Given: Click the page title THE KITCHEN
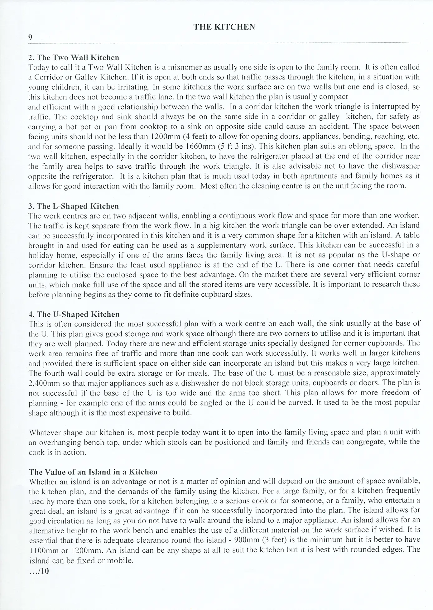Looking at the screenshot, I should coord(224,27).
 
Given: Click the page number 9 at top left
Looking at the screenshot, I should coord(30,37).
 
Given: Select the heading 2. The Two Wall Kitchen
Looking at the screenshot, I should coord(74,57).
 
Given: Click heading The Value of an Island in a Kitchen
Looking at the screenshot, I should coord(93,472).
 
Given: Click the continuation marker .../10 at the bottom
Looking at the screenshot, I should coord(39,571).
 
